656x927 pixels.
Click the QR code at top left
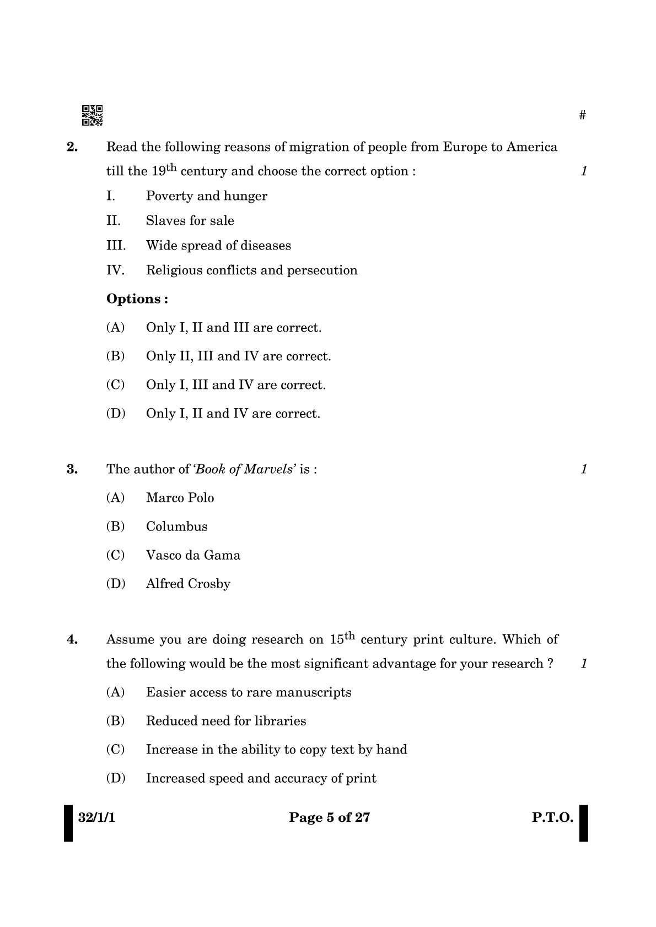click(x=92, y=115)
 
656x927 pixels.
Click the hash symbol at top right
click(x=583, y=115)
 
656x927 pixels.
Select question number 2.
click(x=72, y=147)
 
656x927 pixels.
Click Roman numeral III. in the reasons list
click(x=116, y=246)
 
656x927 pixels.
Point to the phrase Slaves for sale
click(x=190, y=221)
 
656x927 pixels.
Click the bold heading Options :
click(x=137, y=299)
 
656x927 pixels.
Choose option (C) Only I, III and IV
click(x=235, y=385)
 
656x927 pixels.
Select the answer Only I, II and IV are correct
click(x=233, y=414)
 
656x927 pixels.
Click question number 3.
click(x=72, y=469)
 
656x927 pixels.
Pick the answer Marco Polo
click(x=180, y=498)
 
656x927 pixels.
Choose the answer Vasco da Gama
click(x=193, y=555)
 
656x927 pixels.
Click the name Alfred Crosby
click(x=188, y=584)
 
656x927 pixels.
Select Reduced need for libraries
click(x=226, y=721)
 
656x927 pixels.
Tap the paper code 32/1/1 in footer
click(x=96, y=817)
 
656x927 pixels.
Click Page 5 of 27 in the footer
click(x=329, y=817)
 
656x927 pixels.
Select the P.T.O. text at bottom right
click(x=552, y=817)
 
